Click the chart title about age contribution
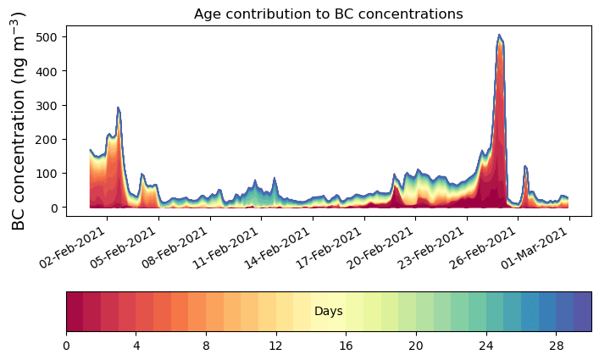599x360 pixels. tap(328, 14)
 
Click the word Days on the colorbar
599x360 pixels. tap(328, 312)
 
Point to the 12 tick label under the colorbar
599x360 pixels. tap(275, 346)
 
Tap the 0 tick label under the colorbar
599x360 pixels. tap(66, 346)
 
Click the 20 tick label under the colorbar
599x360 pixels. tap(415, 346)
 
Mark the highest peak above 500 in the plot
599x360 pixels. tap(500, 36)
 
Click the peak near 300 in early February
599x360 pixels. tap(119, 108)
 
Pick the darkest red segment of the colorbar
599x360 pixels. tap(75, 312)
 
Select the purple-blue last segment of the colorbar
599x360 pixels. tap(582, 312)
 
